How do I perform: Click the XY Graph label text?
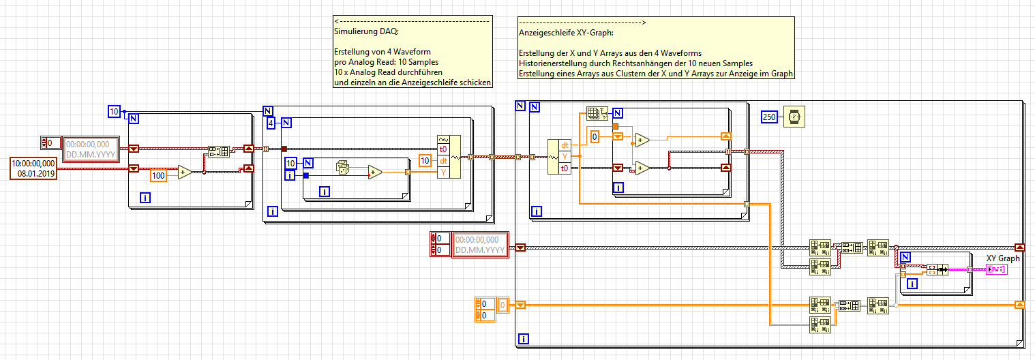pyautogui.click(x=1003, y=258)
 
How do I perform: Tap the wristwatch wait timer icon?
pyautogui.click(x=794, y=118)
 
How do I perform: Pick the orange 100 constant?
pyautogui.click(x=159, y=175)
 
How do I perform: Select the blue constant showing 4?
pyautogui.click(x=271, y=123)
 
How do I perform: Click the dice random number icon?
pyautogui.click(x=343, y=167)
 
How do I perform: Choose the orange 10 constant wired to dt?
pyautogui.click(x=425, y=161)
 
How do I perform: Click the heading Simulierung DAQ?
pyautogui.click(x=359, y=31)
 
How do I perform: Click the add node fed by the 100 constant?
pyautogui.click(x=184, y=172)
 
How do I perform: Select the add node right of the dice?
pyautogui.click(x=375, y=172)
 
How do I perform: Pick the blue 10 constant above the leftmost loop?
pyautogui.click(x=115, y=111)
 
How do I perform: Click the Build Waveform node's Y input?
pyautogui.click(x=443, y=172)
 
